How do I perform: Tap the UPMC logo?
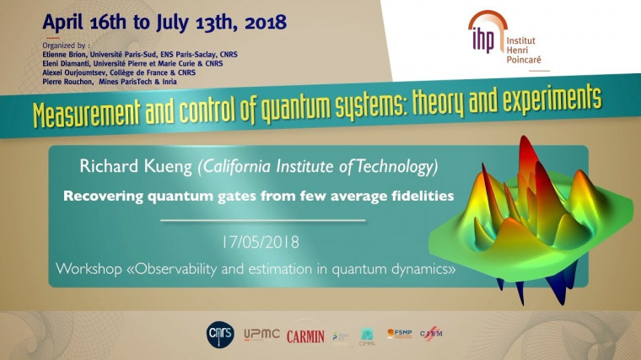point(261,335)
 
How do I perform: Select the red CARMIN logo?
point(305,336)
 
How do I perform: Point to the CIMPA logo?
point(367,336)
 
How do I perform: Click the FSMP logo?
point(399,334)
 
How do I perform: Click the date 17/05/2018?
point(262,242)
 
